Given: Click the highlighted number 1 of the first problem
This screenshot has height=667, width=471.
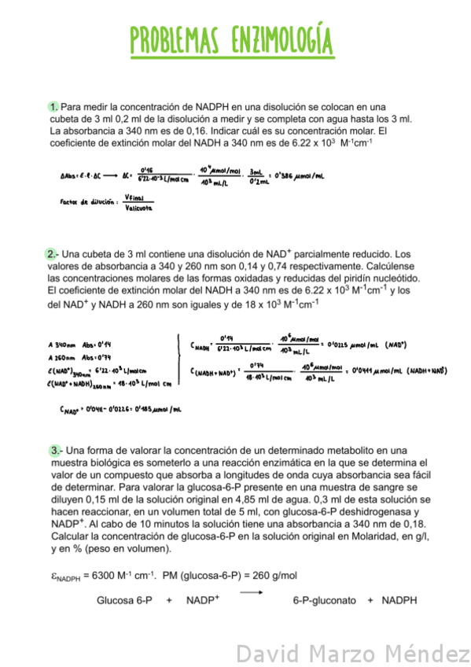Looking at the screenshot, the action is click(x=53, y=106).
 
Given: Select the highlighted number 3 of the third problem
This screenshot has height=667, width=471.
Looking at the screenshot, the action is click(x=54, y=451).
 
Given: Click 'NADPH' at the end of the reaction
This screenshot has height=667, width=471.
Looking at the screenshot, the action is click(x=399, y=601).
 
